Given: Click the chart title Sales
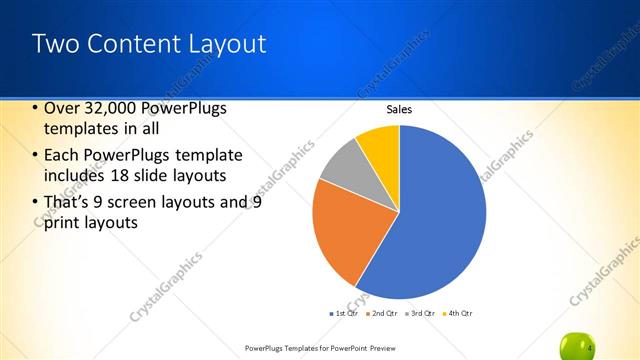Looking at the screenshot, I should [399, 110].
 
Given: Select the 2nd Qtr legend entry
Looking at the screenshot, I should [385, 313].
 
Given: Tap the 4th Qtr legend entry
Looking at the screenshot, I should [458, 313].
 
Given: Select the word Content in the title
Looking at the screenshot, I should [125, 44].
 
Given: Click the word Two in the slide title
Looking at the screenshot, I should [52, 44].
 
